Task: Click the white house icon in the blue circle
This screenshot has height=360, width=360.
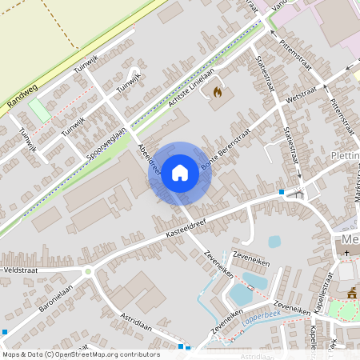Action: (x=180, y=173)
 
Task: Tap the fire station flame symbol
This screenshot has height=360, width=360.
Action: (x=216, y=92)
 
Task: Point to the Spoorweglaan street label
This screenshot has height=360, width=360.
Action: (x=102, y=141)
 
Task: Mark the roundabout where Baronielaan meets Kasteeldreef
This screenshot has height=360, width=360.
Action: (x=88, y=272)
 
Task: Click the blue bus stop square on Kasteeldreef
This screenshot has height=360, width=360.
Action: (x=282, y=192)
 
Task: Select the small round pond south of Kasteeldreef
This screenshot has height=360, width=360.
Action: (x=274, y=241)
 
